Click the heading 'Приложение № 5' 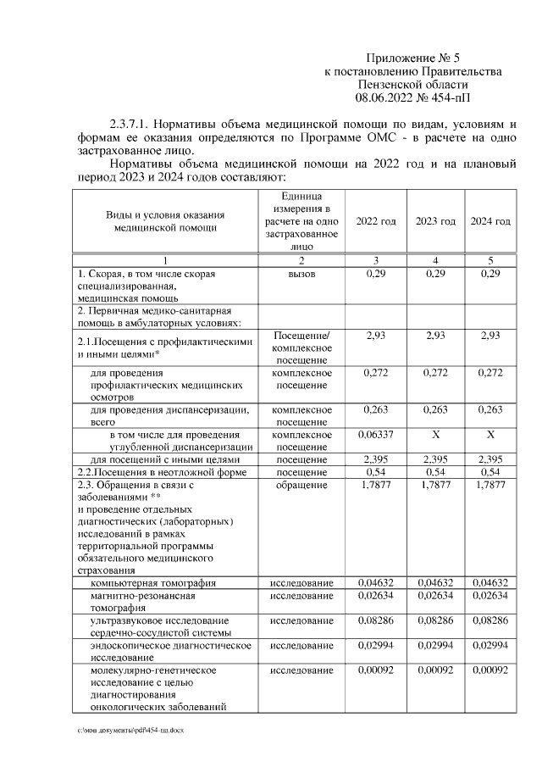pyautogui.click(x=412, y=58)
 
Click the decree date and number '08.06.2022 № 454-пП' pyautogui.click(x=412, y=98)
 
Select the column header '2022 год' pyautogui.click(x=375, y=221)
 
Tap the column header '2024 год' pyautogui.click(x=490, y=221)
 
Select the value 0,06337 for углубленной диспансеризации pyautogui.click(x=375, y=434)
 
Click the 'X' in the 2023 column pyautogui.click(x=434, y=434)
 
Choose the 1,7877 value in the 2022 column pyautogui.click(x=375, y=486)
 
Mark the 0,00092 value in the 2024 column pyautogui.click(x=490, y=670)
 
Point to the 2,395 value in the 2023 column pyautogui.click(x=434, y=459)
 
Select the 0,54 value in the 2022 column pyautogui.click(x=375, y=471)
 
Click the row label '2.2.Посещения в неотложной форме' pyautogui.click(x=161, y=472)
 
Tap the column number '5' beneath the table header pyautogui.click(x=490, y=259)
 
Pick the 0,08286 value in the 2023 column pyautogui.click(x=434, y=621)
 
